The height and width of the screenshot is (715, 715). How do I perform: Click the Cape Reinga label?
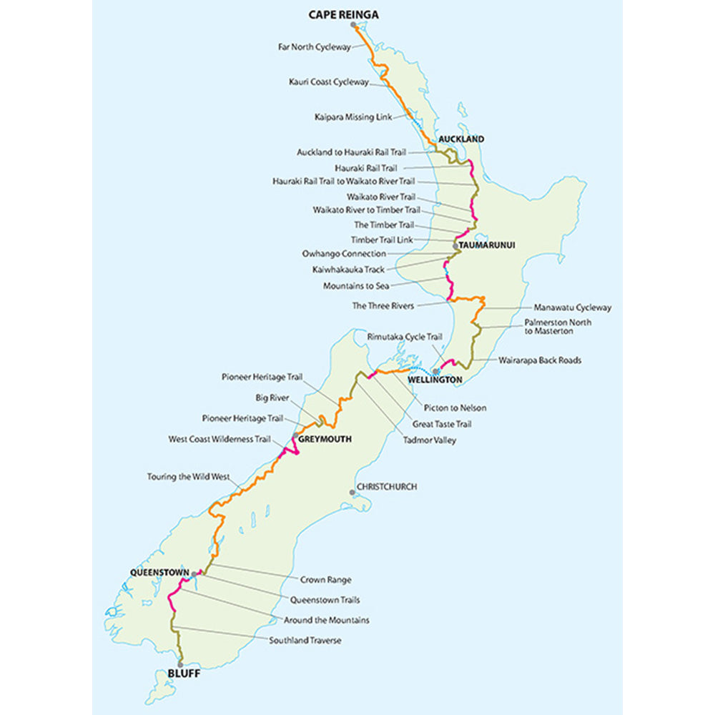tap(343, 14)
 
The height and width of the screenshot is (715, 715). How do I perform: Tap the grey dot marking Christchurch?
tap(352, 492)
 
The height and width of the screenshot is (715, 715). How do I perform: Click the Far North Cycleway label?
tap(315, 47)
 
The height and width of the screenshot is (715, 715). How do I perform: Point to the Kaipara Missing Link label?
tap(348, 117)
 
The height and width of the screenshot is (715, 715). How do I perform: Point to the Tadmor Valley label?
tap(429, 440)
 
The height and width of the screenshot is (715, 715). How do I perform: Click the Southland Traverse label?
tap(305, 641)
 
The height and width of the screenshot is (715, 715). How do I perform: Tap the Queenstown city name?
tap(159, 573)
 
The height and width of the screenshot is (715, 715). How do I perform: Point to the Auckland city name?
tap(461, 139)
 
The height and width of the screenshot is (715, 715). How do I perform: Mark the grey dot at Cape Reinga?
tap(353, 25)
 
